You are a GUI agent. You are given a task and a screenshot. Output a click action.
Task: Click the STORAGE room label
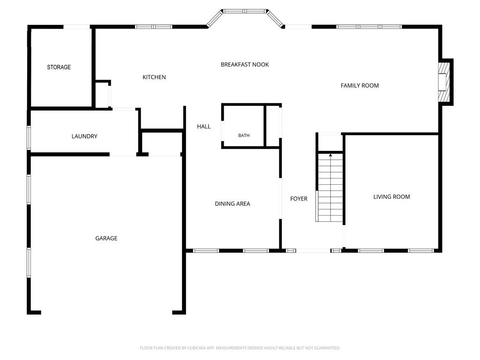59,67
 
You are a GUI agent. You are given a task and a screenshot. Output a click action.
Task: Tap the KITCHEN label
154,77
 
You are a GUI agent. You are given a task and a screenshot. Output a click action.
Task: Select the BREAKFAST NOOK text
245,65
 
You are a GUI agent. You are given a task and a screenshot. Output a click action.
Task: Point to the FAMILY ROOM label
360,86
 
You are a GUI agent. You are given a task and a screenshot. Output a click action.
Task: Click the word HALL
204,127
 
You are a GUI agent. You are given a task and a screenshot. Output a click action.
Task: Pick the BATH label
244,135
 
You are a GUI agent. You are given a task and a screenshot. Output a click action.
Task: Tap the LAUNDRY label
84,136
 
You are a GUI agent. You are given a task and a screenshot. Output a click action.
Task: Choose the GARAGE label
106,238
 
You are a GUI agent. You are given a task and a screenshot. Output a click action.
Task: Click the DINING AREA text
232,204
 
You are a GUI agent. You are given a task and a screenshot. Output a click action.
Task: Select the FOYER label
299,199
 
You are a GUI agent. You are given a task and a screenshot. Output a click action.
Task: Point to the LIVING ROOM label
392,197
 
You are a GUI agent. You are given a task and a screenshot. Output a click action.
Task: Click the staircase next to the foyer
330,187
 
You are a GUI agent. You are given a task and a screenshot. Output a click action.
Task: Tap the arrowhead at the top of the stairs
330,156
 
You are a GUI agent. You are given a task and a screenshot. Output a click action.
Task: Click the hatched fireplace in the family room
444,82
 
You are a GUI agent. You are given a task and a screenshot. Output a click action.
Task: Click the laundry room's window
29,138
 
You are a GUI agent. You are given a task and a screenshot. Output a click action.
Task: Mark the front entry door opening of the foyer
313,251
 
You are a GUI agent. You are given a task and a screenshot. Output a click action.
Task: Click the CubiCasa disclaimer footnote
240,348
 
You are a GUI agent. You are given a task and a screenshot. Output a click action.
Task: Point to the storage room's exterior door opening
76,27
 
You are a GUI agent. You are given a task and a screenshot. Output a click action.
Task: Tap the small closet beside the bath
272,126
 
